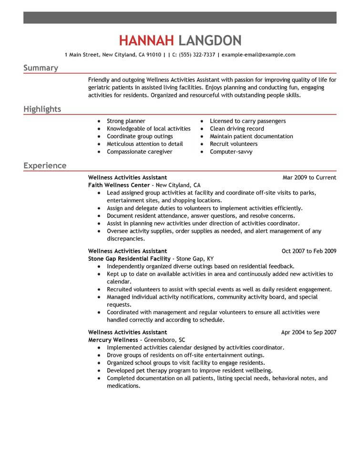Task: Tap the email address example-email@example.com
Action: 258,55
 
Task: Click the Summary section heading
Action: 41,68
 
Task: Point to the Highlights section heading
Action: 42,109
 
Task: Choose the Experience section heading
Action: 45,166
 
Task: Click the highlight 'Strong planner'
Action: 126,121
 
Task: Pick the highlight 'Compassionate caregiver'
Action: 139,152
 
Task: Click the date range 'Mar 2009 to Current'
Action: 309,177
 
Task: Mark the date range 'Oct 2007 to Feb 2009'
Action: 309,251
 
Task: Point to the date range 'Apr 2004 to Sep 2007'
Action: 309,332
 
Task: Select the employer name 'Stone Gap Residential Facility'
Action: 130,259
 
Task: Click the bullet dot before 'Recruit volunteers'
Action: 202,144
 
